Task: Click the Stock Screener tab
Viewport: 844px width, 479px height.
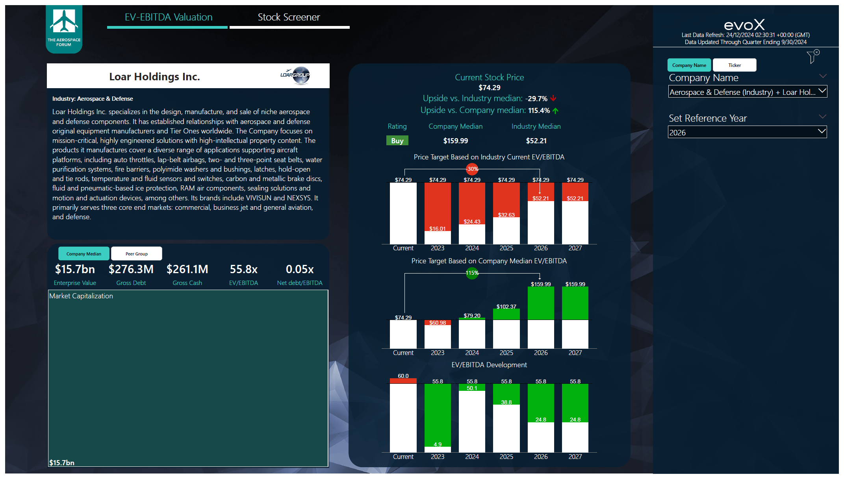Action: tap(289, 17)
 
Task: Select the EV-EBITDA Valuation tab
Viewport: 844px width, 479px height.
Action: tap(168, 17)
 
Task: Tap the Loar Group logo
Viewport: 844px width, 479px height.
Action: tap(296, 75)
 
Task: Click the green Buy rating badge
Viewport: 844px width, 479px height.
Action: tap(397, 141)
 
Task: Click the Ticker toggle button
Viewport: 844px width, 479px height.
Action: tap(734, 65)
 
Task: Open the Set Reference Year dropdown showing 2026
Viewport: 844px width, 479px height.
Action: tap(747, 132)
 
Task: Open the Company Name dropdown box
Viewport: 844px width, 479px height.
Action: tap(747, 92)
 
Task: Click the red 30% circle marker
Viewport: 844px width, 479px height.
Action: tap(472, 169)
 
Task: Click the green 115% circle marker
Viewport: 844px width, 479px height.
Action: tap(472, 273)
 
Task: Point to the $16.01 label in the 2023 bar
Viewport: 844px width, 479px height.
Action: tap(437, 229)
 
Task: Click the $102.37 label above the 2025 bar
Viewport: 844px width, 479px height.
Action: tap(506, 306)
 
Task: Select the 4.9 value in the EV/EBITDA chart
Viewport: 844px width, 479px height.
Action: tap(438, 444)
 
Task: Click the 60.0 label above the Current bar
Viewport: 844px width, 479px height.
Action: tap(403, 376)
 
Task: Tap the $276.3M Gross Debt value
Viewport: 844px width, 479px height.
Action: tap(131, 269)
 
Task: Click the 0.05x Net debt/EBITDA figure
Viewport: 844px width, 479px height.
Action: tap(299, 269)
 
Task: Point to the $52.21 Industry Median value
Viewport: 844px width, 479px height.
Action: tap(536, 141)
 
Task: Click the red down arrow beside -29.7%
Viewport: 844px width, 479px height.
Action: tap(553, 98)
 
